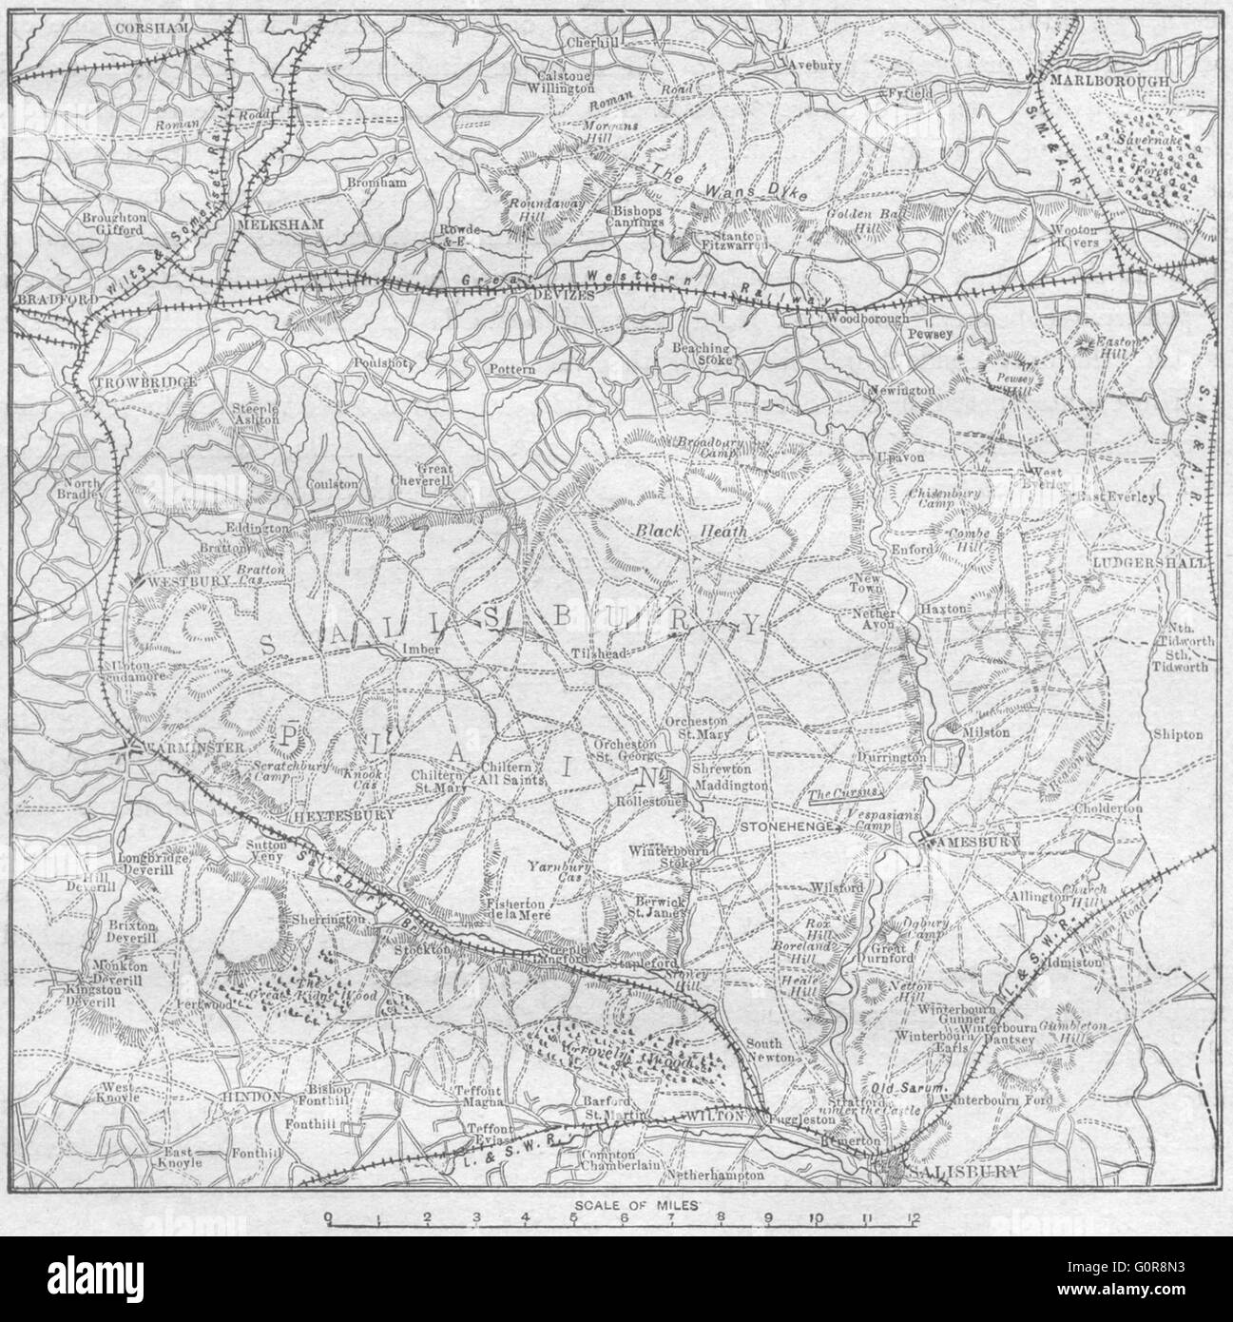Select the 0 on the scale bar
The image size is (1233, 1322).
(327, 1218)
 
